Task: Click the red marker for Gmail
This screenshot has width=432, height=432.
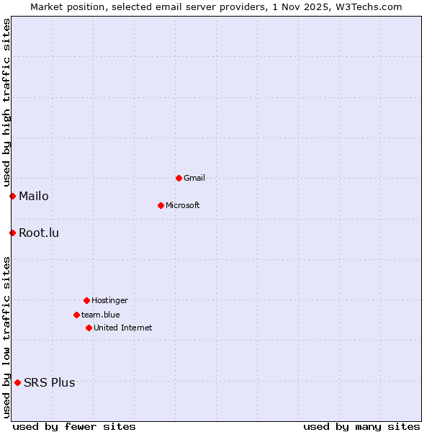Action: pos(179,178)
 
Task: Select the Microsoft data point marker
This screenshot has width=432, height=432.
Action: pos(161,205)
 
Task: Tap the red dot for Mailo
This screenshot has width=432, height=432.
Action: pos(12,196)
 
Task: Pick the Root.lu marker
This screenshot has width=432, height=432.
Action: pos(12,233)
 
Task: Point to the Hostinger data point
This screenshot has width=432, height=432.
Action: pos(86,300)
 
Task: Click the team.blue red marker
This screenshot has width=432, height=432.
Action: pos(76,315)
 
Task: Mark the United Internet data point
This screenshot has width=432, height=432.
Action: pos(89,328)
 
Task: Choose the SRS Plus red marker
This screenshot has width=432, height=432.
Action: pos(17,382)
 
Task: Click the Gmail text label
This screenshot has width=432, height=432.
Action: pos(194,178)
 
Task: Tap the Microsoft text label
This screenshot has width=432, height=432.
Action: pos(183,205)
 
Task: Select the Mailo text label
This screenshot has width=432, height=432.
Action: pos(34,196)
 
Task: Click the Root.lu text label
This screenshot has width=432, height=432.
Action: pos(39,233)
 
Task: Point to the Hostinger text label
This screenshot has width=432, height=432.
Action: pos(109,300)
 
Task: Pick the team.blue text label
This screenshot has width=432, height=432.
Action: pos(101,315)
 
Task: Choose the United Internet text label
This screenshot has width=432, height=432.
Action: pos(123,328)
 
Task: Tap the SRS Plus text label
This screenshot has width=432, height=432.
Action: pos(50,382)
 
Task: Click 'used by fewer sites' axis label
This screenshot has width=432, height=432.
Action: pos(74,426)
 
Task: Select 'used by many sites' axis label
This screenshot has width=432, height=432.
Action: pos(361,426)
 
